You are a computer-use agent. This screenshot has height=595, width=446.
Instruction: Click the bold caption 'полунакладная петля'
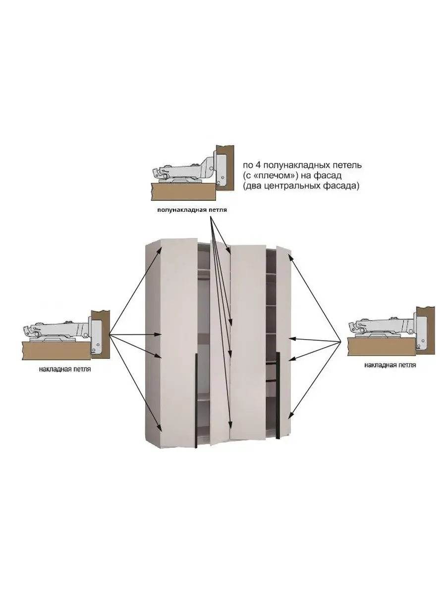192,210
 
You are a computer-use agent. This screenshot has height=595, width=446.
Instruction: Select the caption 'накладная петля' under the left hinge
64,369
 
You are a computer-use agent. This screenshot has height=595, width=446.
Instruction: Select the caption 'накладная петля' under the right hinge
390,365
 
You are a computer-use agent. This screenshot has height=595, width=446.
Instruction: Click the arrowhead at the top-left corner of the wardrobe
160,249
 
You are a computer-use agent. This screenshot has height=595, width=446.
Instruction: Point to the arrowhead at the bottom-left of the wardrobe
160,429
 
